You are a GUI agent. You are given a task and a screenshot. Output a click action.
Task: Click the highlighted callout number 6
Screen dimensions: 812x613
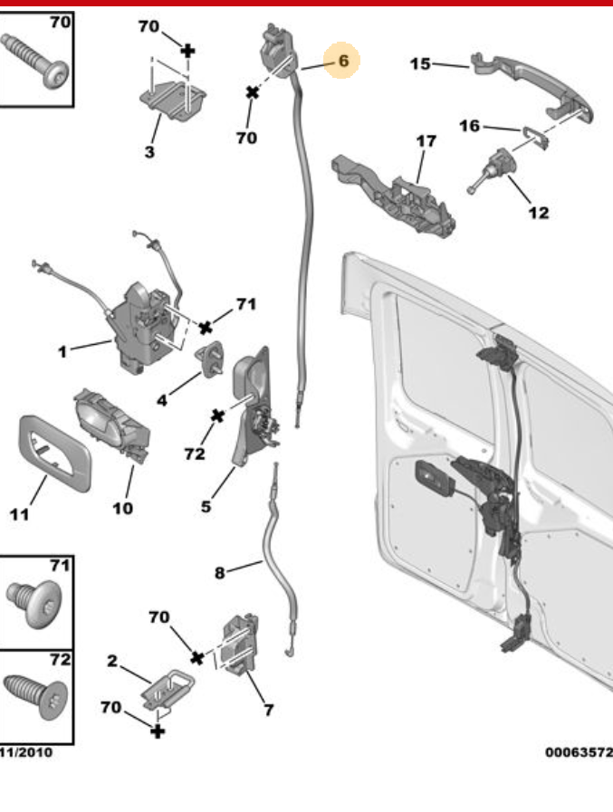pyautogui.click(x=343, y=61)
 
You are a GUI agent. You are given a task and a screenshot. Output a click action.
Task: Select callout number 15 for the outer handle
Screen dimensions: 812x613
pyautogui.click(x=419, y=63)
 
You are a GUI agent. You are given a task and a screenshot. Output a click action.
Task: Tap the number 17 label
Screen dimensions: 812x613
pyautogui.click(x=426, y=141)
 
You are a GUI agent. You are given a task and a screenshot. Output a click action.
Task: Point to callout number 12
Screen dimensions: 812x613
pyautogui.click(x=538, y=214)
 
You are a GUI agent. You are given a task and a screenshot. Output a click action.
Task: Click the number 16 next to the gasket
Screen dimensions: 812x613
pyautogui.click(x=469, y=126)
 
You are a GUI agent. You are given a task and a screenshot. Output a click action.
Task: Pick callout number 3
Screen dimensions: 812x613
pyautogui.click(x=149, y=152)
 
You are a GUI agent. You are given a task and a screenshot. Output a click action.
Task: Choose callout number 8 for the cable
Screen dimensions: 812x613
pyautogui.click(x=219, y=571)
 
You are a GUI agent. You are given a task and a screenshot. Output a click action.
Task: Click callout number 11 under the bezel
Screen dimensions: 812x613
pyautogui.click(x=20, y=515)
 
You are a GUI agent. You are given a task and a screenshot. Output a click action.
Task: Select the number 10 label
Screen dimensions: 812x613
pyautogui.click(x=122, y=508)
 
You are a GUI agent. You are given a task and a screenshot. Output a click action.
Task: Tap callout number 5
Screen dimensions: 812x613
pyautogui.click(x=206, y=506)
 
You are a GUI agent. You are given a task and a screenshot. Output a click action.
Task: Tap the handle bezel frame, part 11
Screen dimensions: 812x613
pyautogui.click(x=53, y=451)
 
